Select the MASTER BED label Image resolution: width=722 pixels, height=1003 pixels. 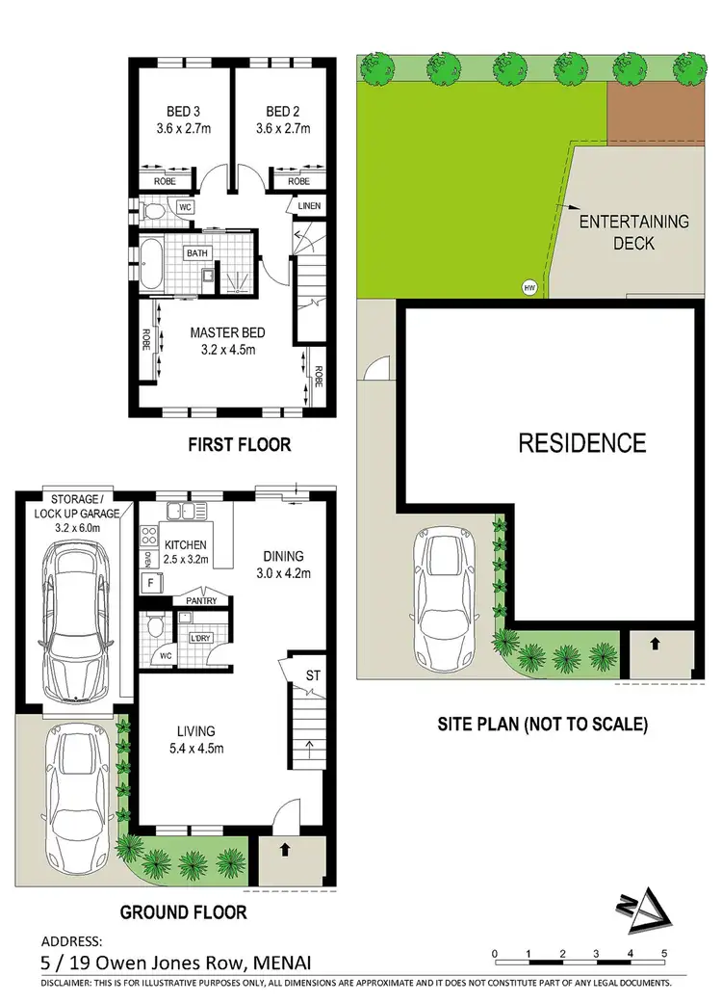pyautogui.click(x=227, y=342)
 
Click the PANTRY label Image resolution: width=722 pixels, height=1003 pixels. pyautogui.click(x=202, y=601)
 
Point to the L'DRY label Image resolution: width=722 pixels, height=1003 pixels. pyautogui.click(x=201, y=638)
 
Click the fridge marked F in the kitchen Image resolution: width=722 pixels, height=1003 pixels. pyautogui.click(x=151, y=583)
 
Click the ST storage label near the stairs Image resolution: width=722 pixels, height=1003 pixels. pyautogui.click(x=313, y=675)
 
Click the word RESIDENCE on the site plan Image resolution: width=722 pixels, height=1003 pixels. pyautogui.click(x=582, y=443)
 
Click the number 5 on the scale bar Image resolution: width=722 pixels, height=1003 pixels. pyautogui.click(x=664, y=955)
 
